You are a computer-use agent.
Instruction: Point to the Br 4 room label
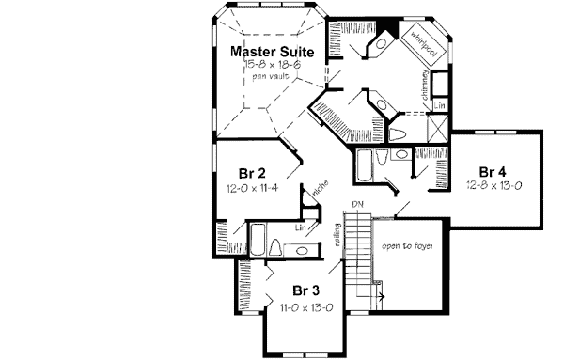[493, 172]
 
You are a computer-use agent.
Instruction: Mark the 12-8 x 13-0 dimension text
[493, 186]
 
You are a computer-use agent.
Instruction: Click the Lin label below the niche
[301, 227]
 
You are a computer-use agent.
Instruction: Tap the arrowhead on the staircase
[383, 294]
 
